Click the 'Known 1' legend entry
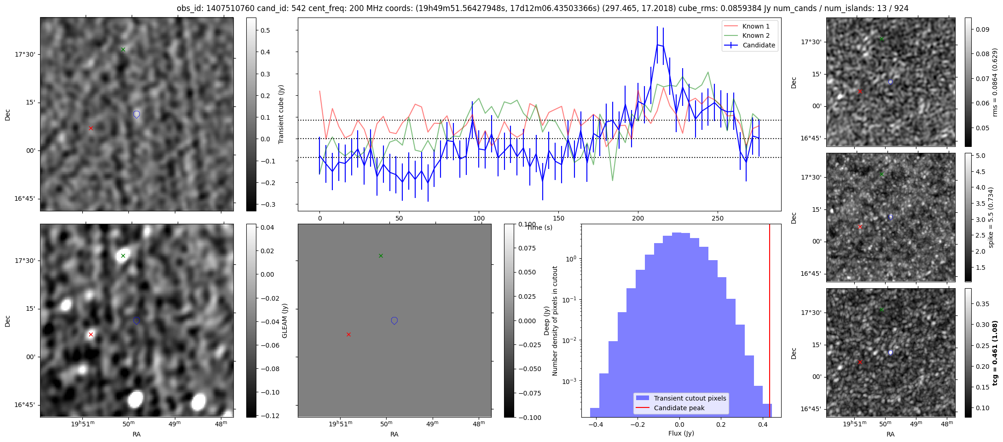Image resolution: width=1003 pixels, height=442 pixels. [755, 26]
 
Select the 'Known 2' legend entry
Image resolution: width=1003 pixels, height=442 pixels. [755, 35]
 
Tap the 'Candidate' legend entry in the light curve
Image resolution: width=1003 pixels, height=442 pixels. [759, 45]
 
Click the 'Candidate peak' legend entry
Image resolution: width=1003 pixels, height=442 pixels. [679, 408]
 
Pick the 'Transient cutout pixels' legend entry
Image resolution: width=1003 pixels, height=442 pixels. [690, 398]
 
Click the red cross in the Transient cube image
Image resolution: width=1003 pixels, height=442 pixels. [91, 128]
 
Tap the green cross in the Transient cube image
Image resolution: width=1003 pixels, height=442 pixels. [123, 49]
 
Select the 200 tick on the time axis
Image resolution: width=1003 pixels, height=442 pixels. [638, 218]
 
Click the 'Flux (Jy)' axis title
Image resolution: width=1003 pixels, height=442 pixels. [681, 433]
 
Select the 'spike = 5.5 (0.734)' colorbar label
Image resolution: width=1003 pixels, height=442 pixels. [991, 217]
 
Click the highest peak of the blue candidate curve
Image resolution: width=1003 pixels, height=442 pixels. [657, 45]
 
